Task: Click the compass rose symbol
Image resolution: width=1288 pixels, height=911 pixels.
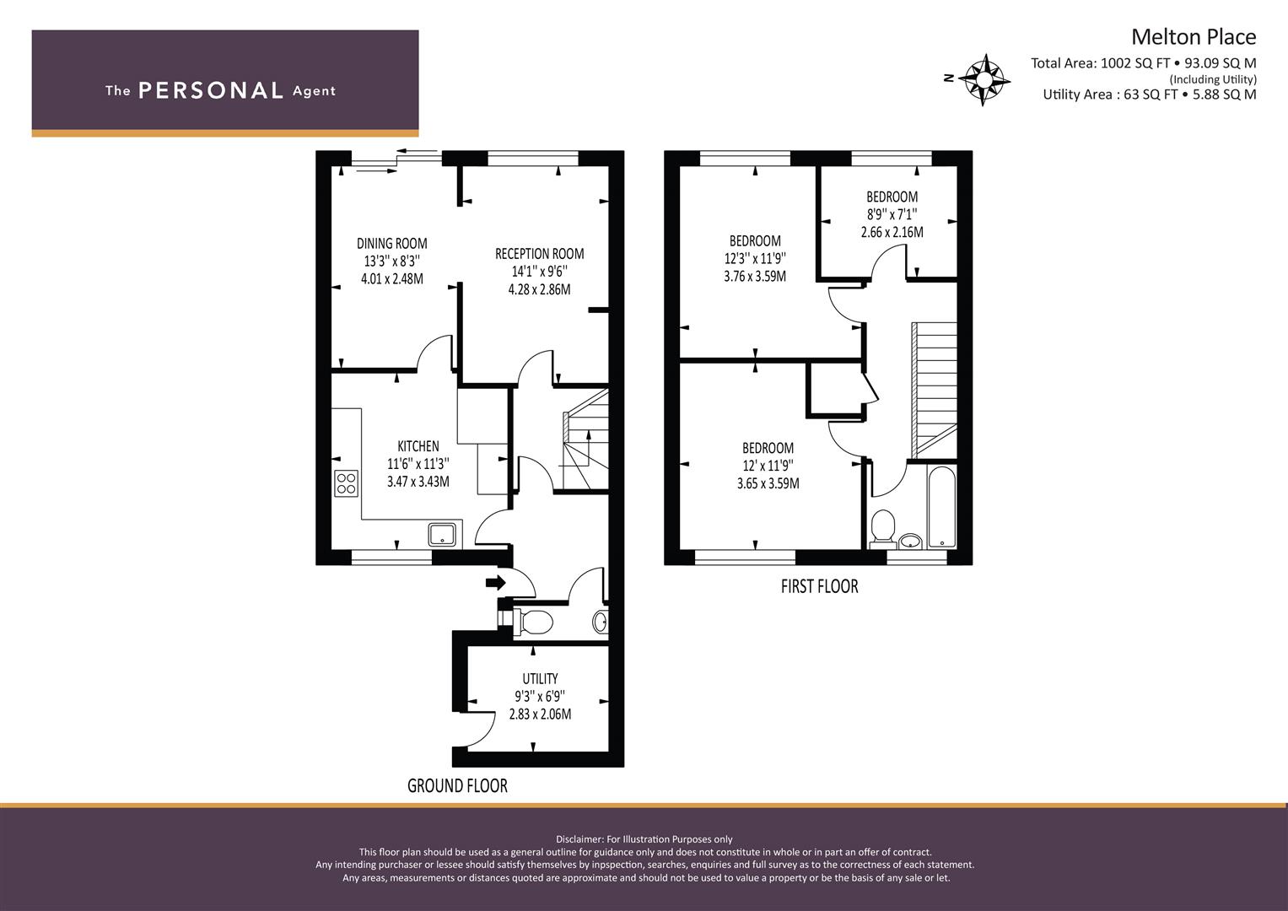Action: point(987,80)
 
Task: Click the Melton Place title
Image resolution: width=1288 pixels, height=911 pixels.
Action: point(1194,37)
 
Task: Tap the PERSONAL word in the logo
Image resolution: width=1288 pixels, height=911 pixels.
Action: point(211,91)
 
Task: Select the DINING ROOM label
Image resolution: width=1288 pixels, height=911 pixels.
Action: point(392,243)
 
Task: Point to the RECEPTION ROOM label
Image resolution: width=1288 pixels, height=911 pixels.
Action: point(539,254)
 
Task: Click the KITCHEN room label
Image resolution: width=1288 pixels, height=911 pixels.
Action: point(418,446)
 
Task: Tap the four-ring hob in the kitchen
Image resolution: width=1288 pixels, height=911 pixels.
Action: point(346,483)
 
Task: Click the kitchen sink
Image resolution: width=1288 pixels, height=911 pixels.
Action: point(442,534)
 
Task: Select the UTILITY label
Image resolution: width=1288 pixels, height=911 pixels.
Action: point(540,679)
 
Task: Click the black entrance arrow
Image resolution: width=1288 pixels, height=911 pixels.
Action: point(496,583)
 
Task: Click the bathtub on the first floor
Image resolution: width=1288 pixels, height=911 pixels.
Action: point(942,507)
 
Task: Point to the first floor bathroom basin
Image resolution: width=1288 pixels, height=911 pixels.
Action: point(910,541)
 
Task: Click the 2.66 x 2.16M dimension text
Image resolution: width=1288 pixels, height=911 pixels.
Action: point(892,232)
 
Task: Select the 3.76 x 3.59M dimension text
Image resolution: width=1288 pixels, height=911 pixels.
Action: point(755,276)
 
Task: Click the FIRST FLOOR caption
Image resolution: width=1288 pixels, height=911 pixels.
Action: point(819,586)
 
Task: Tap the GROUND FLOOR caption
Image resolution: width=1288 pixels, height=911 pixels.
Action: point(458,785)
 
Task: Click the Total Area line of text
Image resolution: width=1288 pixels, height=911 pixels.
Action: point(1144,63)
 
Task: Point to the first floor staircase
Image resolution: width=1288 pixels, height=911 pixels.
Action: point(934,391)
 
